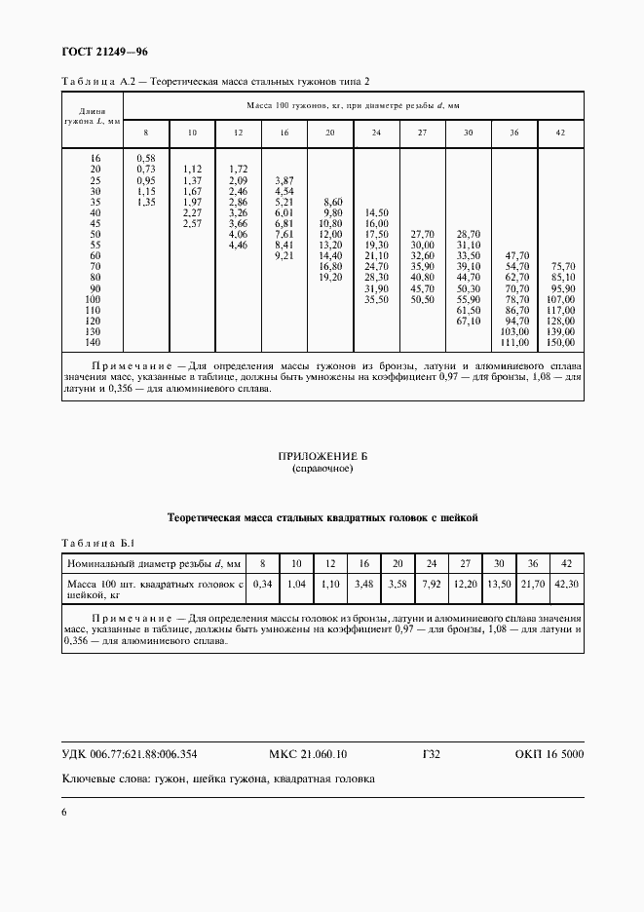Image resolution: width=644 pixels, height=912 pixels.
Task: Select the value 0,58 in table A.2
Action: (146, 157)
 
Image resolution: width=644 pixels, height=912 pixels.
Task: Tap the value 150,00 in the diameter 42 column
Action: (562, 343)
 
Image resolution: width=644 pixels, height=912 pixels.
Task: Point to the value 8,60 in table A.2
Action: (332, 201)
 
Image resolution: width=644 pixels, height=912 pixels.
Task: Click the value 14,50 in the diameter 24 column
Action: (376, 211)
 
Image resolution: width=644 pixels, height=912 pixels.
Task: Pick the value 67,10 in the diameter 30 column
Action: (469, 321)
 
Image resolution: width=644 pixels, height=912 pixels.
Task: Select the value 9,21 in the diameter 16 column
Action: (284, 255)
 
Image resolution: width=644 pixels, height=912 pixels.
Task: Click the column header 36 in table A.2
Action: (513, 132)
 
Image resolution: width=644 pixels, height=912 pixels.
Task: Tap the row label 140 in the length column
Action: (93, 343)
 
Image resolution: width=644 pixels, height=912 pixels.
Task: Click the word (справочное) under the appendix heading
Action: (322, 469)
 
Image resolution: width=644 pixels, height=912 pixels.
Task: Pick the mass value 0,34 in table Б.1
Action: (261, 583)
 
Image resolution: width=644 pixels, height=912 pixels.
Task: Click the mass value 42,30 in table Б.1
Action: (564, 583)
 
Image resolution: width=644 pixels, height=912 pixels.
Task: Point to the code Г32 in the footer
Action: (432, 754)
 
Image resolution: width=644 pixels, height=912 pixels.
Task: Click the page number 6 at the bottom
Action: (64, 812)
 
